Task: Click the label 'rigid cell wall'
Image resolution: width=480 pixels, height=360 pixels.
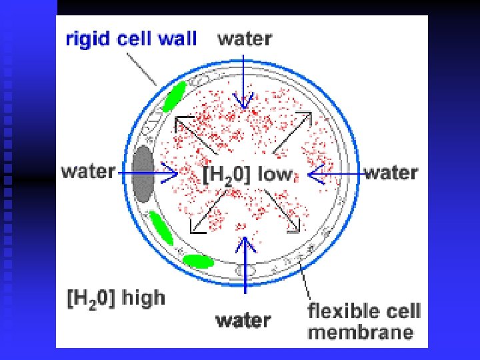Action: [131, 38]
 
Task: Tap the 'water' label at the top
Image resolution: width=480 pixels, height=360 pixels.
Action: [244, 38]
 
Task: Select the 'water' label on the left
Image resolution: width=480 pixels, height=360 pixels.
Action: [88, 171]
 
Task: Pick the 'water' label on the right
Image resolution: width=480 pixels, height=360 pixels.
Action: [391, 173]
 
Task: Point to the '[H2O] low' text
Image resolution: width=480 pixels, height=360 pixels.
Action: [247, 175]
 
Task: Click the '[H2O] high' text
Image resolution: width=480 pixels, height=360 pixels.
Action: [116, 298]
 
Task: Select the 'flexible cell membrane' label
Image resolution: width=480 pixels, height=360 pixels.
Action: [363, 321]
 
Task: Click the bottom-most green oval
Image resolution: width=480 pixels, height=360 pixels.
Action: [199, 261]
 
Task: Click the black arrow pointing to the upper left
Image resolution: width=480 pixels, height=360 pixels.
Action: [196, 133]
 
